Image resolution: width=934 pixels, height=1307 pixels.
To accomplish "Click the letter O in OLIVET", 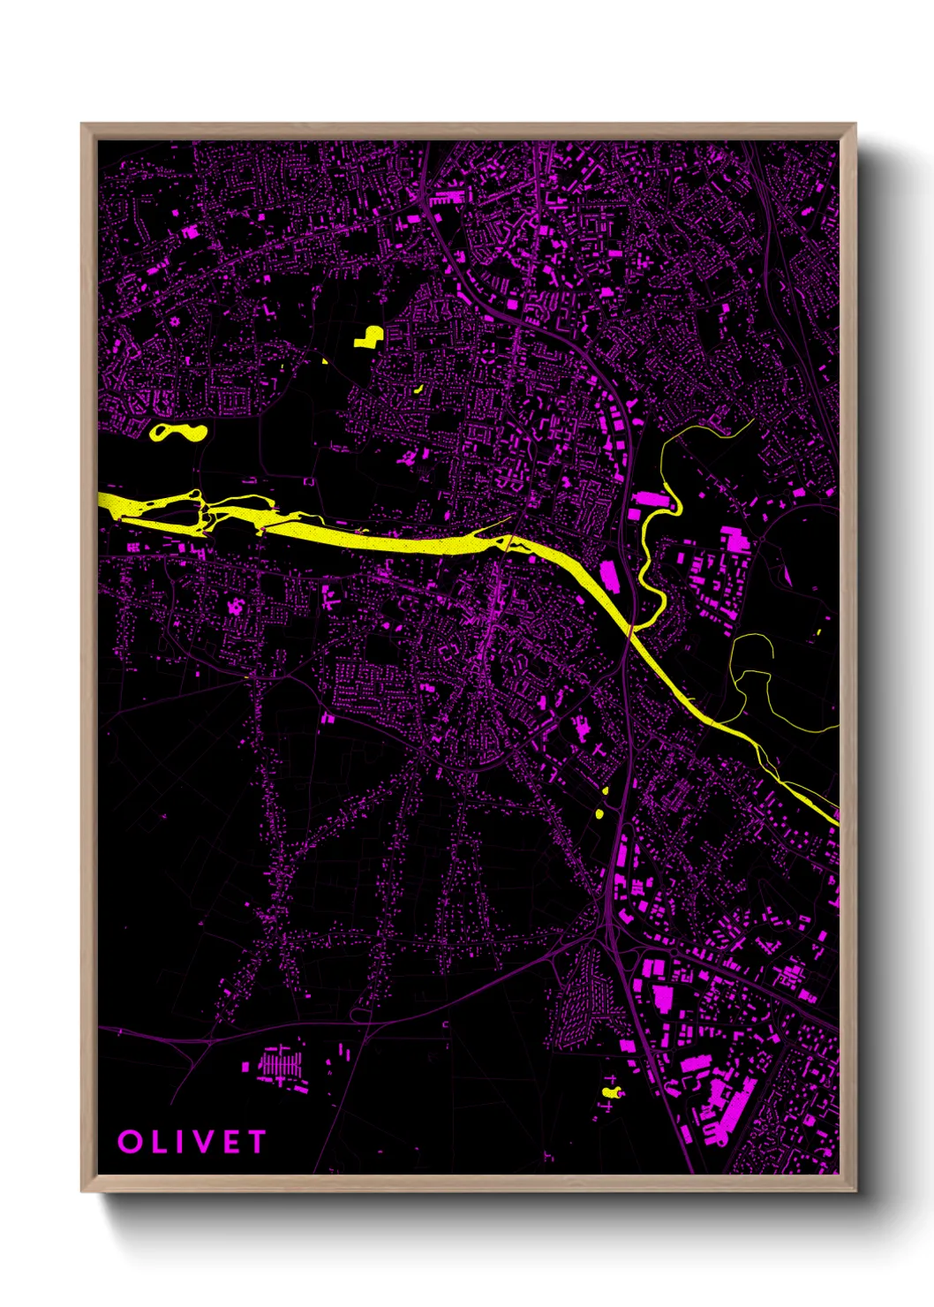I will click(130, 1142).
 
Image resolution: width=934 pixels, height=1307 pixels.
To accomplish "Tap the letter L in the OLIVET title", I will click(158, 1142).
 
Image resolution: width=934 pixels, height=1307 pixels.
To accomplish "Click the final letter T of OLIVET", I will click(256, 1142).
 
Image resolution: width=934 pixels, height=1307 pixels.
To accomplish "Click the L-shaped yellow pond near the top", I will click(369, 336).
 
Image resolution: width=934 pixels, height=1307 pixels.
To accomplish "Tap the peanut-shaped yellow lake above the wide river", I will click(178, 432).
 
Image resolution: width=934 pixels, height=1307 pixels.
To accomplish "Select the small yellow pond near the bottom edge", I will click(610, 1092).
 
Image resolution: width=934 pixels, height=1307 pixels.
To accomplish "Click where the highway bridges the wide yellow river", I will click(630, 631).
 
